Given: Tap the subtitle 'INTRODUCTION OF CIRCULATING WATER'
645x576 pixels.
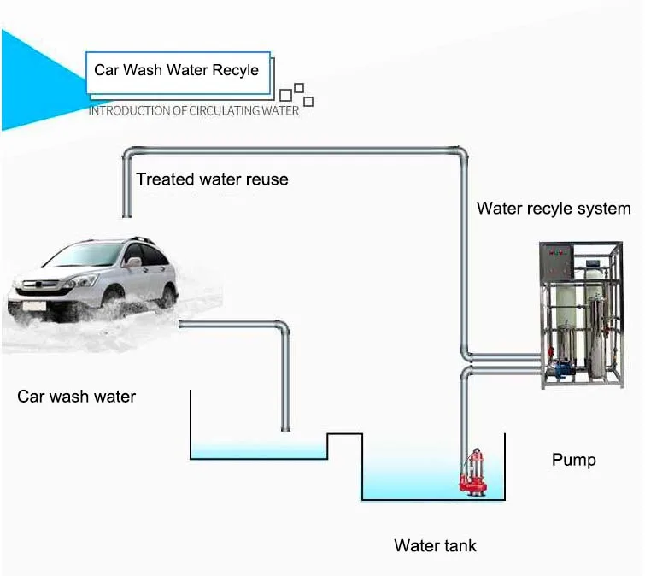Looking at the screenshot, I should coord(194,111).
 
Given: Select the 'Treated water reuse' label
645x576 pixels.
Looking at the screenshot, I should coord(212,179).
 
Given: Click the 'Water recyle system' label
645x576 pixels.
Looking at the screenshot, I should coord(554,209).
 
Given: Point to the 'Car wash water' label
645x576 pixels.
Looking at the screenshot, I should coord(76,397).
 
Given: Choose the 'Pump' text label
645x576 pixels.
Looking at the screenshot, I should coord(573,461).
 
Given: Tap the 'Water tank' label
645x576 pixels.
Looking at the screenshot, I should coord(435,545).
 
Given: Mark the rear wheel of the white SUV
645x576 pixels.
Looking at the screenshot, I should coord(167,294).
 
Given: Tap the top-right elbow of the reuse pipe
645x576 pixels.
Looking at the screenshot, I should coord(460,156).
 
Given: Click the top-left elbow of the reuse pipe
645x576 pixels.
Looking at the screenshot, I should coord(129,156).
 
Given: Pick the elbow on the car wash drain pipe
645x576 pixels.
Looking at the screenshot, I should coord(283,327).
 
